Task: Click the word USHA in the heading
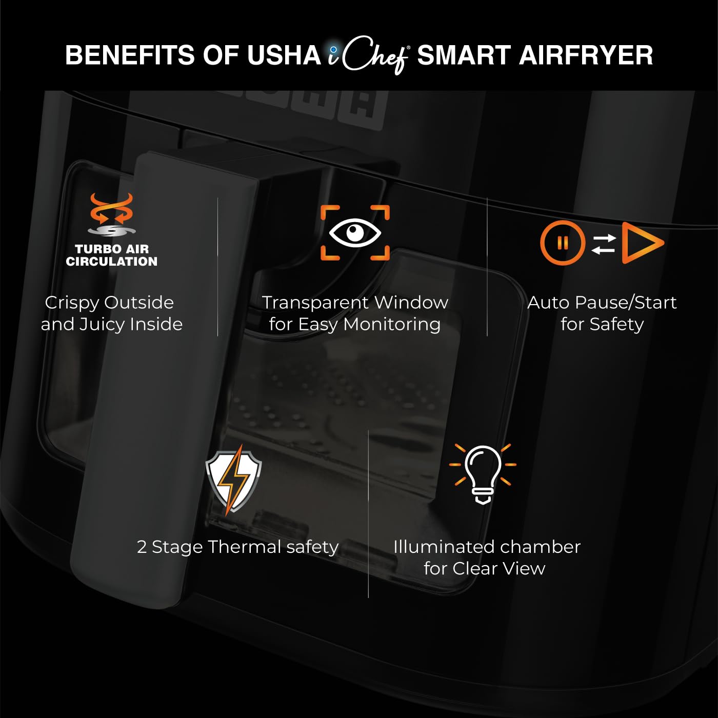tap(284, 55)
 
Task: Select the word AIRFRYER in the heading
tap(586, 55)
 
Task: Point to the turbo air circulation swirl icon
tap(112, 215)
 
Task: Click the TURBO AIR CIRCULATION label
tap(112, 255)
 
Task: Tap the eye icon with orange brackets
tap(355, 233)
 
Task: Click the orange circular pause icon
tap(562, 243)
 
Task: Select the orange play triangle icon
tap(641, 243)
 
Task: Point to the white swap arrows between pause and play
tap(603, 244)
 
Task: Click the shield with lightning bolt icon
tap(234, 481)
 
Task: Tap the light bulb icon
tap(483, 473)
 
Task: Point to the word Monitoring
tap(392, 324)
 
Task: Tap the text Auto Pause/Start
tap(602, 303)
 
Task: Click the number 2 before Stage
tap(142, 547)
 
